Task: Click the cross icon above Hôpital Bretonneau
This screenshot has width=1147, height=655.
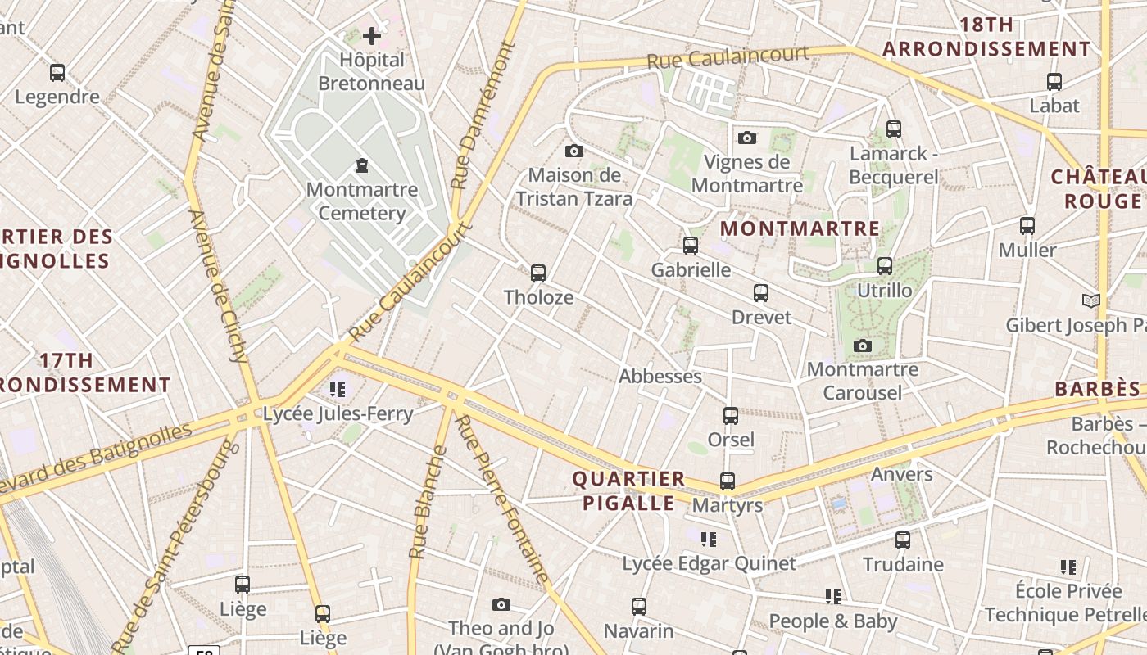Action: point(372,35)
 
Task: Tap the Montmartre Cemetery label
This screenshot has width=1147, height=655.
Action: point(362,201)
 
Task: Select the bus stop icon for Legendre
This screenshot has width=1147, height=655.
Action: point(57,72)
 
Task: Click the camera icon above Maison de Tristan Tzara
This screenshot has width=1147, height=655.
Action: point(574,151)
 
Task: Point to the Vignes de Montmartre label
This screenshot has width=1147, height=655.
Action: point(746,174)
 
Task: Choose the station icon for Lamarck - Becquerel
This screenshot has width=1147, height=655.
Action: point(894,129)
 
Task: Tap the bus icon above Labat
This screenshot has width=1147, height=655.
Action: point(1054,81)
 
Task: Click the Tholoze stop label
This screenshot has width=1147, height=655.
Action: point(538,297)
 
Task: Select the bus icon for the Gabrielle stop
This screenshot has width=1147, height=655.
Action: point(691,245)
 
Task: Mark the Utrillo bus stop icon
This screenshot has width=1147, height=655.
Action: point(885,266)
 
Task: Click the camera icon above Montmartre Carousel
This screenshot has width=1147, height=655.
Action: point(862,346)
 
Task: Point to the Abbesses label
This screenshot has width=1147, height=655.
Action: point(660,377)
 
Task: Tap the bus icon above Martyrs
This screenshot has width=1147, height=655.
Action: point(728,481)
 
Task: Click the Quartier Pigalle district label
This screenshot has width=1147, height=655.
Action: point(628,490)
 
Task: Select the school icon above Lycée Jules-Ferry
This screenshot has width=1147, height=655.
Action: point(338,389)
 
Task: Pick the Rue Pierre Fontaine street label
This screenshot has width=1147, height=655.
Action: point(501,499)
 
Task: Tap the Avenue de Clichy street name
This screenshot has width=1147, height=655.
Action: point(218,286)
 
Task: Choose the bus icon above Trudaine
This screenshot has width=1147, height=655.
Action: point(903,540)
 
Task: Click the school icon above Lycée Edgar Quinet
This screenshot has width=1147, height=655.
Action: point(709,539)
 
